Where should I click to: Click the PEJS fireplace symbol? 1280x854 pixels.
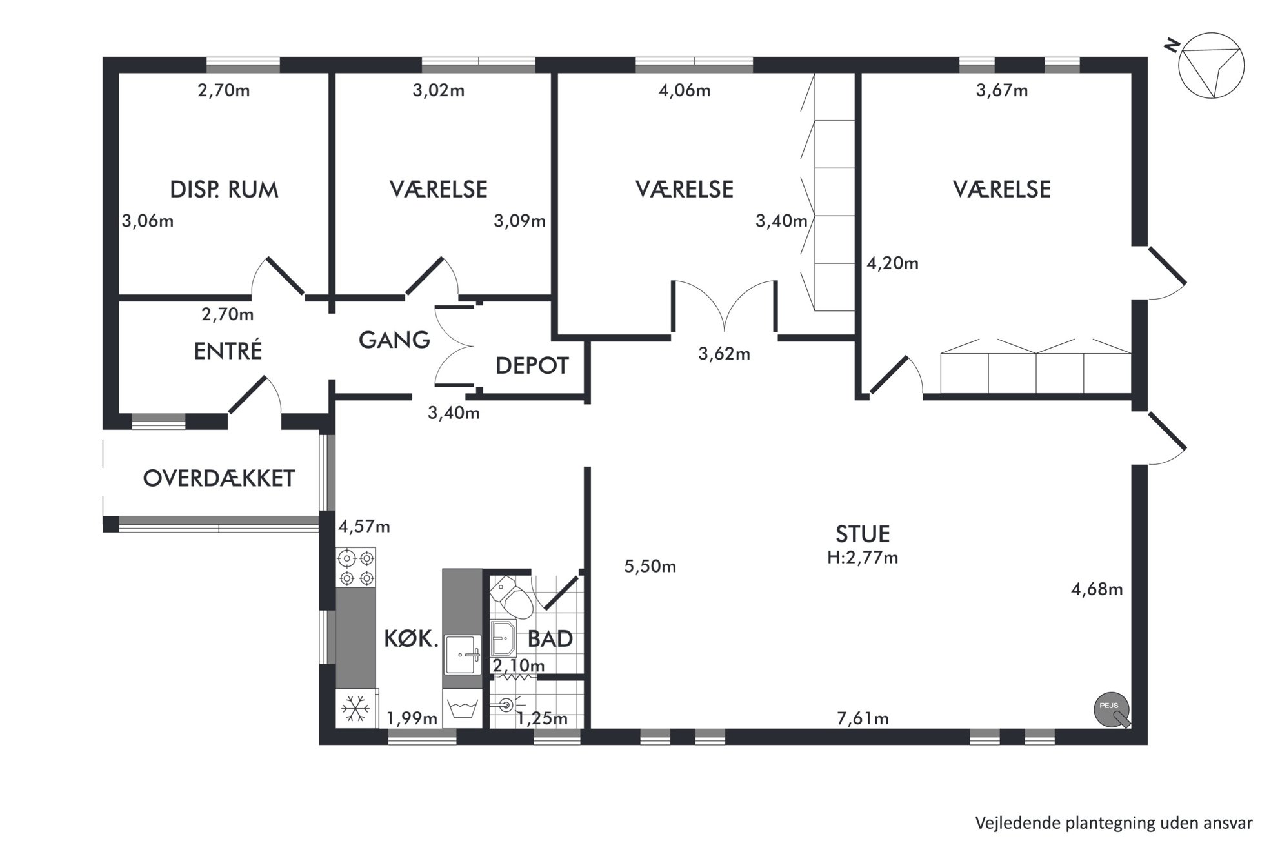click(1112, 710)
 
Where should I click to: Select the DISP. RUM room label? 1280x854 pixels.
click(224, 190)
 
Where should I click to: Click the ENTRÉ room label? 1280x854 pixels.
click(228, 351)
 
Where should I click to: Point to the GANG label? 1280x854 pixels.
click(394, 340)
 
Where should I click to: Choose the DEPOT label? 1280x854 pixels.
click(532, 366)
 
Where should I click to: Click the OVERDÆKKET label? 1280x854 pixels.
click(219, 478)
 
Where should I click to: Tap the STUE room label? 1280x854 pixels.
click(863, 534)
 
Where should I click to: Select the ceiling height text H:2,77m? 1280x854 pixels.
click(863, 557)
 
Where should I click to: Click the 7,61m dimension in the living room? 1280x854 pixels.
click(863, 718)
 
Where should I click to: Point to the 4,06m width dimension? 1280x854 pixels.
click(685, 90)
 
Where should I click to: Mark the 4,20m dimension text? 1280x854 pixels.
click(892, 263)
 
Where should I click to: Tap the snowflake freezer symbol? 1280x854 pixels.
click(355, 709)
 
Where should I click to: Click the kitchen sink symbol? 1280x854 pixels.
click(463, 655)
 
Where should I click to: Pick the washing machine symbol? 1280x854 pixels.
click(463, 709)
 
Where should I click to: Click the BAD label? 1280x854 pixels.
click(550, 639)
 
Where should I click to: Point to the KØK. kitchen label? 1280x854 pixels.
click(412, 639)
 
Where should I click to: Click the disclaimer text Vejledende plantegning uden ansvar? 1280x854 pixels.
click(1114, 823)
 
